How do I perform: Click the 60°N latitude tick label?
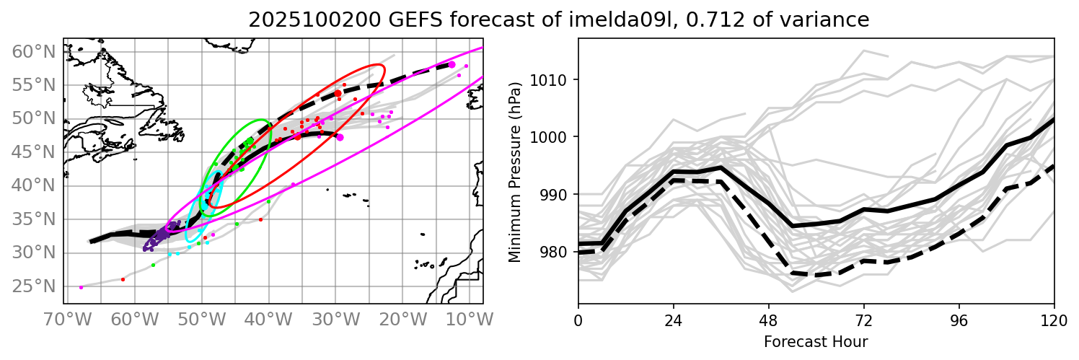pyautogui.click(x=34, y=51)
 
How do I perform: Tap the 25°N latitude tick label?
pyautogui.click(x=34, y=286)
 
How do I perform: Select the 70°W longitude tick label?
pyautogui.click(x=63, y=318)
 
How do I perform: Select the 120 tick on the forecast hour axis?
pyautogui.click(x=1054, y=318)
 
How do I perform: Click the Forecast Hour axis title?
pyautogui.click(x=816, y=341)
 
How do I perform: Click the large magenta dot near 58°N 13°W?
pyautogui.click(x=452, y=65)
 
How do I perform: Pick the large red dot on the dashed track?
pyautogui.click(x=338, y=94)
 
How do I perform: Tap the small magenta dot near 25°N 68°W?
pyautogui.click(x=81, y=287)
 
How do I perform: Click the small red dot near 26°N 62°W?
pyautogui.click(x=123, y=279)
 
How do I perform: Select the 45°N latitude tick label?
pyautogui.click(x=34, y=152)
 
